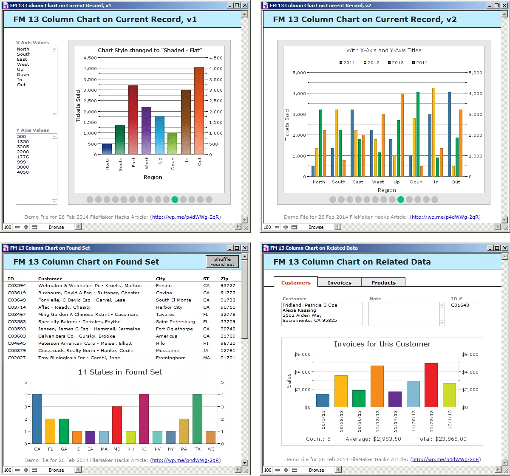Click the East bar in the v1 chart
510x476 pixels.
click(133, 120)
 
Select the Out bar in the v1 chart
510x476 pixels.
click(199, 110)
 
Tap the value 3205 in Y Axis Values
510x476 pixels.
click(23, 146)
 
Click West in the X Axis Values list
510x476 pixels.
click(23, 65)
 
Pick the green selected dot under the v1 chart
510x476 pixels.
click(175, 200)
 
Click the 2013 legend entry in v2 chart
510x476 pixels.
click(396, 62)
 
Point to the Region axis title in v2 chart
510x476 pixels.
click(387, 190)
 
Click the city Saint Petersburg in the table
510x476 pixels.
click(176, 321)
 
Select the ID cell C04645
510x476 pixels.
click(17, 343)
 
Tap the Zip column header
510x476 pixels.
click(224, 279)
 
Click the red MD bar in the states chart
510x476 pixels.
click(117, 425)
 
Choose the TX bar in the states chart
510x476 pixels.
click(197, 419)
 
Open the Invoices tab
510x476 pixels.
click(340, 282)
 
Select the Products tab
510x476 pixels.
click(383, 282)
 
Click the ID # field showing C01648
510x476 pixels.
click(466, 305)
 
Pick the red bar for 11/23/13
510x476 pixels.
click(431, 385)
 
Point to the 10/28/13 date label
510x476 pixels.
click(341, 421)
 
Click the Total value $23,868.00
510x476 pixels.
click(450, 439)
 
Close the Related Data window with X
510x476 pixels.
click(505, 248)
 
